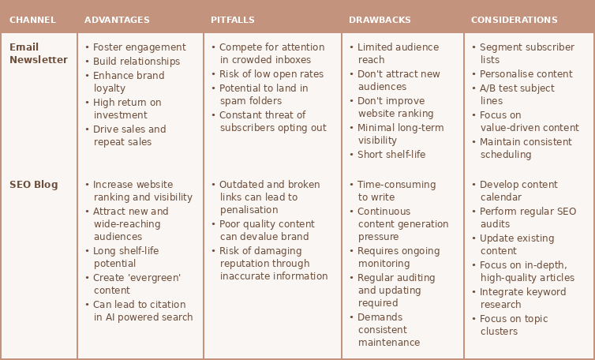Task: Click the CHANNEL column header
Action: point(32,20)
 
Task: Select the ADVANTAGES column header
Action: point(117,20)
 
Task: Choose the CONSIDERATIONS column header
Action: point(514,20)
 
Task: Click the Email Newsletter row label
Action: point(38,54)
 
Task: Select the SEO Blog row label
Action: point(34,185)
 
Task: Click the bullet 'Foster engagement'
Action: point(139,47)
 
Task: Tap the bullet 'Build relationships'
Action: point(136,62)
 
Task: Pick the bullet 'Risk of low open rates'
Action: point(271,74)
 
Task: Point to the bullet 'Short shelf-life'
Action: point(391,155)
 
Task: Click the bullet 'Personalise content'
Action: point(526,74)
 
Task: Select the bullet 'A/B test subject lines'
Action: point(516,95)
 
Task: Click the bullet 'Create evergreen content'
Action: point(137,284)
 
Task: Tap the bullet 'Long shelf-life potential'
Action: point(125,257)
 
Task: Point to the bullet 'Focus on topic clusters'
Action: point(513,325)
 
